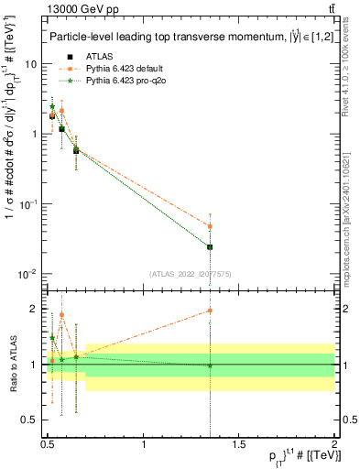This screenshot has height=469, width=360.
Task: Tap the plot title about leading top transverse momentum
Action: pos(183,38)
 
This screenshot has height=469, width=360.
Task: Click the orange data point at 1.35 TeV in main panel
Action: pos(210,226)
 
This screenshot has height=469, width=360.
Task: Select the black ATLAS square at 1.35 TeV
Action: pos(210,247)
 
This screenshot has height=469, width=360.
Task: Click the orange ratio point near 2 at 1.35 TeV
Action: pos(210,311)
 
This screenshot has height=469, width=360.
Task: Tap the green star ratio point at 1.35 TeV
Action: pos(210,365)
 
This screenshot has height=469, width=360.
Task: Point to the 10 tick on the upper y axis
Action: pos(31,64)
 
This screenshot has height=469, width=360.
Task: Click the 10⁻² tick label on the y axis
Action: pos(27,274)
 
